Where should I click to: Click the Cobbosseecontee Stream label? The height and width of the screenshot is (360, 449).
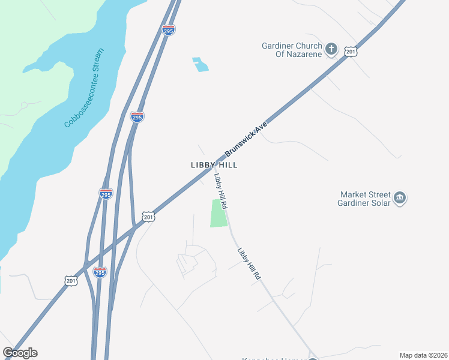coord(85,92)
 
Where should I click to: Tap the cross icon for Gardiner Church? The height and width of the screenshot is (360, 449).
coord(331,48)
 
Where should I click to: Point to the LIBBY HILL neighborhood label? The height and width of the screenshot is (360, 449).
coord(214,164)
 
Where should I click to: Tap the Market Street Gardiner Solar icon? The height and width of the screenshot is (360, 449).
coord(400,197)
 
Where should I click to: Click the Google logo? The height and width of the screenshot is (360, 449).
coord(20,353)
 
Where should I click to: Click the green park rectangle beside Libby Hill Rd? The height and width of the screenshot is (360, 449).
coord(219,213)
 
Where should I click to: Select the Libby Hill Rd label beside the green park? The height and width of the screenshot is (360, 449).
coord(220,191)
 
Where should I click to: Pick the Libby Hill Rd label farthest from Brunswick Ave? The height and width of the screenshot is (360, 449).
coord(249,264)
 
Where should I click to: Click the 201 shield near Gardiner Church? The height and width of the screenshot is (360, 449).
coord(351,52)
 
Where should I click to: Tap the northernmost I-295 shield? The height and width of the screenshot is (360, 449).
coord(169,30)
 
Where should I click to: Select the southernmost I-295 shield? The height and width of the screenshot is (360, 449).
coord(100,272)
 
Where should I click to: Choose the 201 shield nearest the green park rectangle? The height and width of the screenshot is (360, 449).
coord(149,216)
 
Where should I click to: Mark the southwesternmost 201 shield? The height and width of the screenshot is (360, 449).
coord(71,280)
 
